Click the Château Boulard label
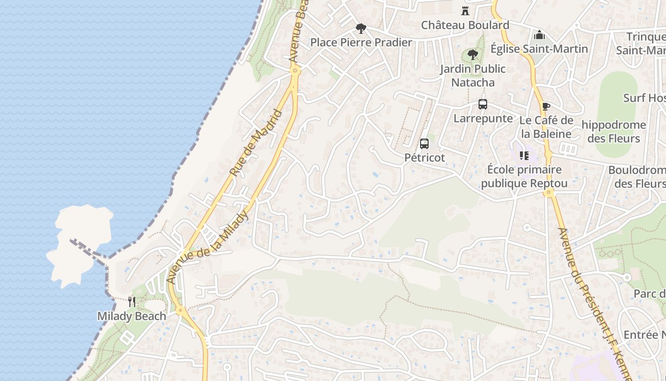coord(465,25)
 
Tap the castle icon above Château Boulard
coord(465,11)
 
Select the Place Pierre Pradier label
coord(361,42)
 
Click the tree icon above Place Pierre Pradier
coord(361,29)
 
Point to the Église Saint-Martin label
coord(539,49)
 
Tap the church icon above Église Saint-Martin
coord(539,35)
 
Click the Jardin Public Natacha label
coord(472,75)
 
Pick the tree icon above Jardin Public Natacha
coord(472,55)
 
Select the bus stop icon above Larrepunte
coord(483,104)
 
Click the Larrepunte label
coord(483,118)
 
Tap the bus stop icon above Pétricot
coord(424,143)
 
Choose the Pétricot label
coord(424,157)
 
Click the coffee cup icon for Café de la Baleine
coord(546,106)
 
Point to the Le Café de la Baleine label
coord(546,127)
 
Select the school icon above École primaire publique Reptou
coord(524,155)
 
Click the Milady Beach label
coord(132,316)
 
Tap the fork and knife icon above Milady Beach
coord(132,301)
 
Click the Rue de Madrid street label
coord(255,143)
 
